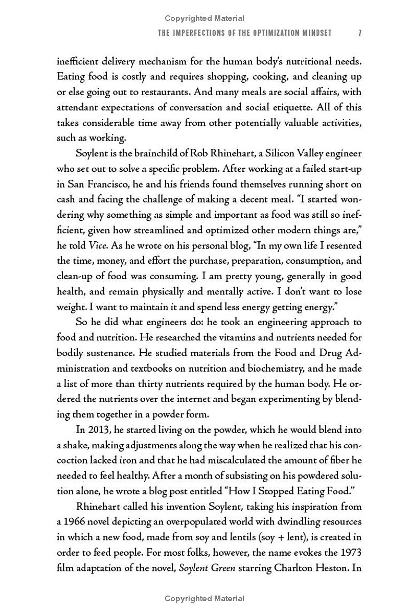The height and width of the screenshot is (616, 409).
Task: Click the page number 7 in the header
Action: click(360, 33)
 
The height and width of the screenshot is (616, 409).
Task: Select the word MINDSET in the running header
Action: click(315, 33)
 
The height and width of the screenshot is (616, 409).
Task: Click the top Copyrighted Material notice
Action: click(204, 19)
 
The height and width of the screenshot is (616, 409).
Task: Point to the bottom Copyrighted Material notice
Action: click(204, 599)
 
